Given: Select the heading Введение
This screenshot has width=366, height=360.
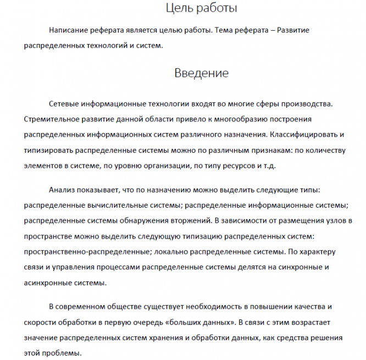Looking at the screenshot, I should (x=201, y=73).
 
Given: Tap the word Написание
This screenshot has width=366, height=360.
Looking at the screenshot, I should (x=68, y=30).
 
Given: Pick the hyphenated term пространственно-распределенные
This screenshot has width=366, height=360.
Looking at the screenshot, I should (x=81, y=252).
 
